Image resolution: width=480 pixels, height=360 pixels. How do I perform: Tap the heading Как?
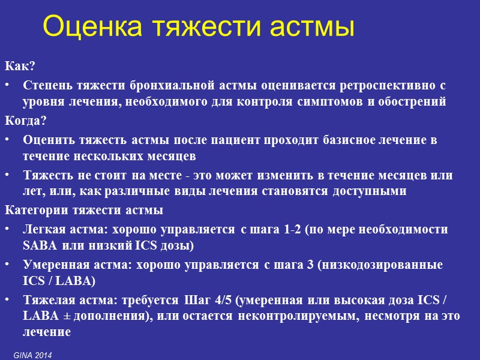(x=17, y=65)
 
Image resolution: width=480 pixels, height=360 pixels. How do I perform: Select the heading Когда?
(x=25, y=121)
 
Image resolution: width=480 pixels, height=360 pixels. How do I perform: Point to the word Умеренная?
(x=51, y=265)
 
